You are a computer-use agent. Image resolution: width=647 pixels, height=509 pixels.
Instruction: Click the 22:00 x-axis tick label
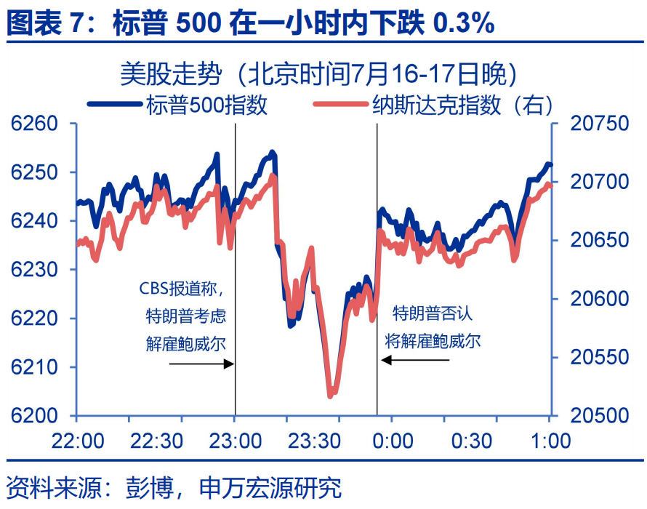(76, 441)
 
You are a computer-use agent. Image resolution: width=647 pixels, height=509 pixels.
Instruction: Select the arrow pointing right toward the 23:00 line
(201, 363)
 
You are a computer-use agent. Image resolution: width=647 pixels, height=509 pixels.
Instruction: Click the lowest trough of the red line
(331, 395)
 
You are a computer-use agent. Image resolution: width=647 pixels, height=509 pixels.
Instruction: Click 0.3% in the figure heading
(464, 24)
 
